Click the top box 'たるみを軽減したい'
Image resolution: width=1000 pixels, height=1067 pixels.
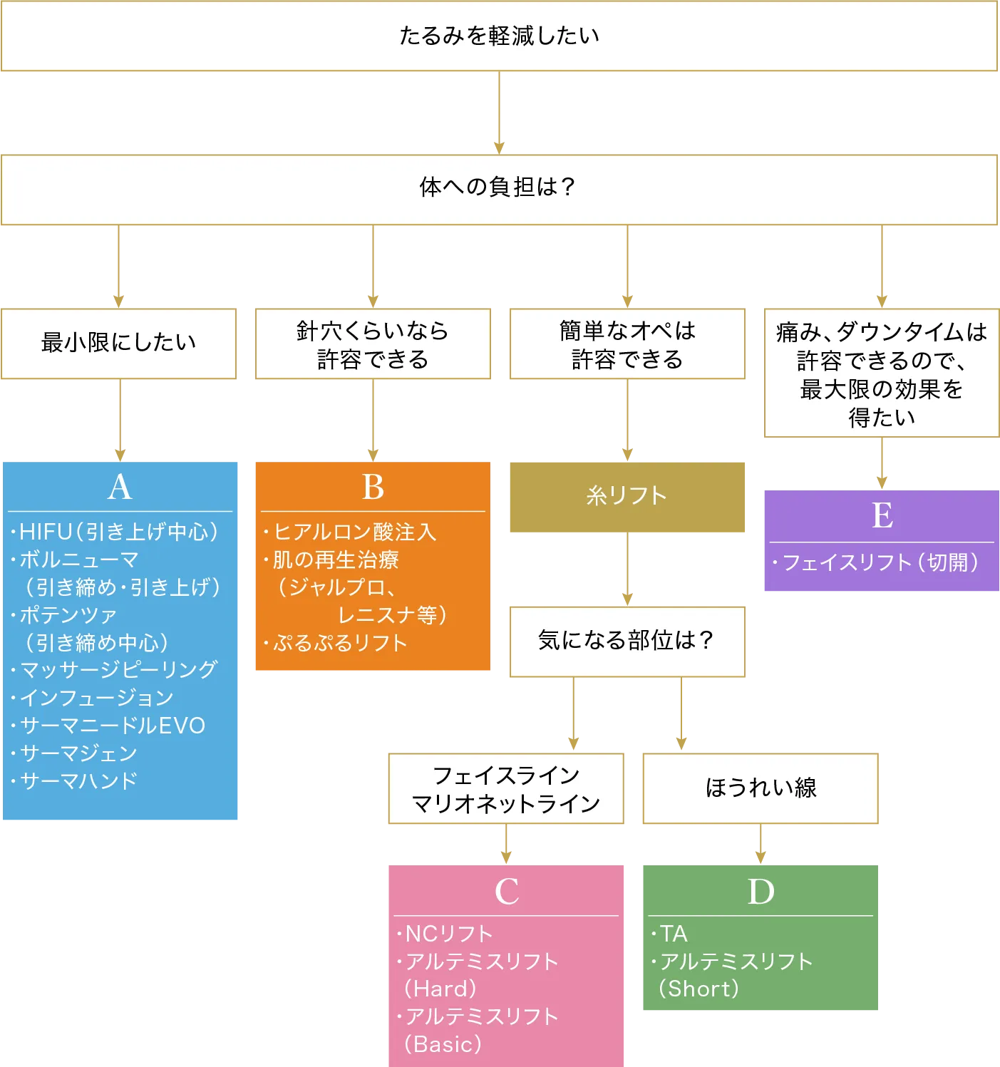[499, 36]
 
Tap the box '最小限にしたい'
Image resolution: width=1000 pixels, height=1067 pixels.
[119, 343]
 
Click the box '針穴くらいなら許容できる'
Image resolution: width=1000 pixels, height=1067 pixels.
[373, 344]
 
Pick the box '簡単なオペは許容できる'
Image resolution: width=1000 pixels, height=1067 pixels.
[627, 344]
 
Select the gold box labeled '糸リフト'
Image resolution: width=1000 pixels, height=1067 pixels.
[627, 497]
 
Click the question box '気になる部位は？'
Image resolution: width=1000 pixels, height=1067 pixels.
[627, 640]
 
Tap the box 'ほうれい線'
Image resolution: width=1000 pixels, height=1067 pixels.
[761, 788]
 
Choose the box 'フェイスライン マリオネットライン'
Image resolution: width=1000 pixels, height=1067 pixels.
[507, 789]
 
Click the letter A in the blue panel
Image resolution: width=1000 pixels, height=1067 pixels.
[120, 488]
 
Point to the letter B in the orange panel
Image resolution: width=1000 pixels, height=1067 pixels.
[373, 488]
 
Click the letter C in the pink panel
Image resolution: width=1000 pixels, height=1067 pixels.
[507, 892]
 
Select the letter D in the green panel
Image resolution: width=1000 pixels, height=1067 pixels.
[761, 892]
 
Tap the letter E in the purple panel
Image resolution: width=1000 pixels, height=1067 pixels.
[882, 515]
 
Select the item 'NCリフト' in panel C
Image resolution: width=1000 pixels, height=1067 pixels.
[448, 934]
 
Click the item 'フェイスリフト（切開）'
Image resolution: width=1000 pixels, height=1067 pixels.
[881, 563]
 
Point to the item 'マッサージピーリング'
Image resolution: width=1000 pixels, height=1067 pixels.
[118, 670]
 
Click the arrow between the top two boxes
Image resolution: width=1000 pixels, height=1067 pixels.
[499, 114]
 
